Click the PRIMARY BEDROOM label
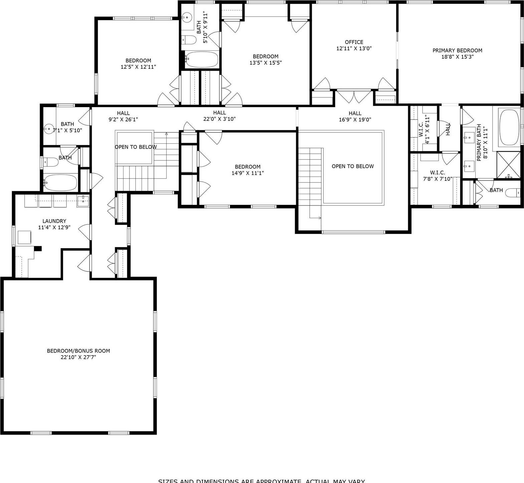pos(457,50)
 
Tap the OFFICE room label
pos(354,42)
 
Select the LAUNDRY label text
pos(54,221)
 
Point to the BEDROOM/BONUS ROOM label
pos(78,351)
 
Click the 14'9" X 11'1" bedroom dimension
pos(247,173)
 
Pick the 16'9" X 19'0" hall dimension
pos(355,119)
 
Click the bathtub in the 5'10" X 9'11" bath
pos(202,60)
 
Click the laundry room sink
pos(83,201)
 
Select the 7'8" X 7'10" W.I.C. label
pos(437,175)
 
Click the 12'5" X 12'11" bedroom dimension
pos(138,67)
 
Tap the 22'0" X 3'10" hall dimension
pos(219,119)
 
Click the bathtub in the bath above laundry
pos(60,182)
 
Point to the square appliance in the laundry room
pos(24,237)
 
